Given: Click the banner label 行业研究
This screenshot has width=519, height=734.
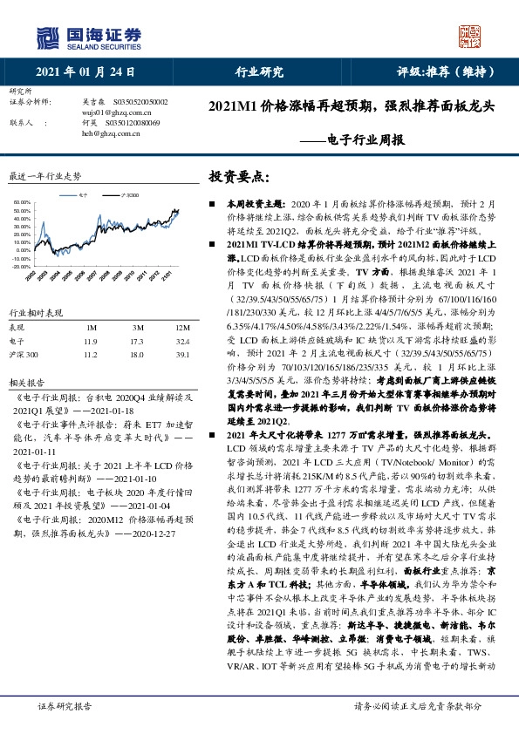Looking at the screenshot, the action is (260, 71).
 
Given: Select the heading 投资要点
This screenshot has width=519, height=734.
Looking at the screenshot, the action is (236, 176).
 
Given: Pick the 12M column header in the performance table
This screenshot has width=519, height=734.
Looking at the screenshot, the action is (182, 328).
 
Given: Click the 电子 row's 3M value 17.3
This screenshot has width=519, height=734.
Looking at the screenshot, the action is (138, 342).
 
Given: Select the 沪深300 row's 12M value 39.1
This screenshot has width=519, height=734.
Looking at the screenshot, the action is (182, 355).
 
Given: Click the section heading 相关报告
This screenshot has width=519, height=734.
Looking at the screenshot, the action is (23, 382).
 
